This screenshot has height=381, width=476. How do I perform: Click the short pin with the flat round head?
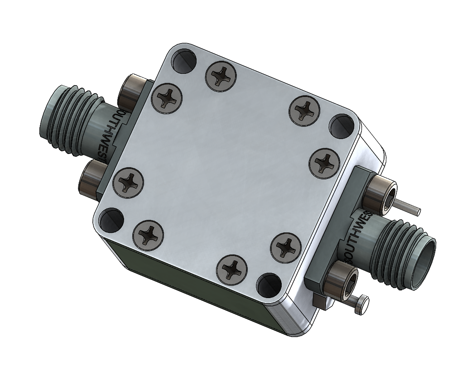[x=361, y=305]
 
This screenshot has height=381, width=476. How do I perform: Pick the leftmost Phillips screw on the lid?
[x=128, y=182]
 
